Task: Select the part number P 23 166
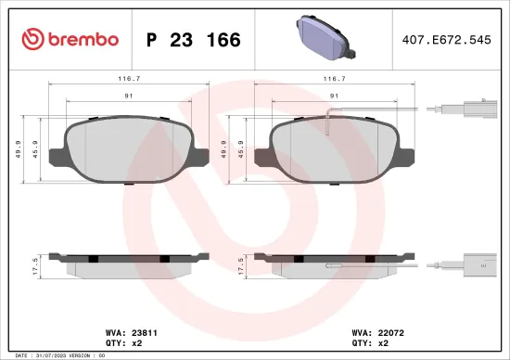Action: click(194, 40)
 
